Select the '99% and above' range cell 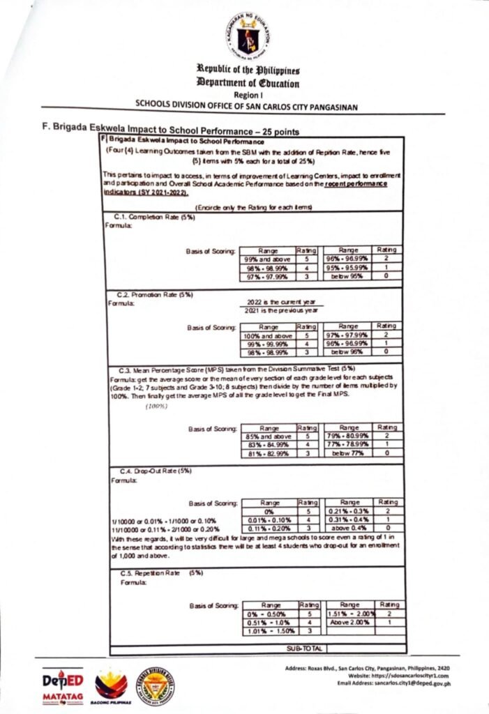[x=268, y=259]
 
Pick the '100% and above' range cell [x=268, y=336]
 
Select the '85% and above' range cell [x=268, y=436]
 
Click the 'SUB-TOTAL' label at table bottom [x=303, y=648]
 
